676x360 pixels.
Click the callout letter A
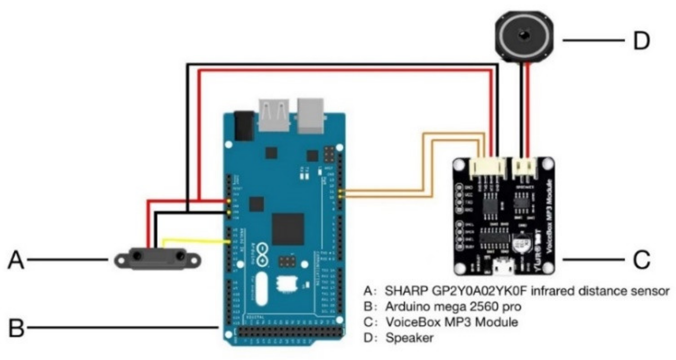pyautogui.click(x=16, y=260)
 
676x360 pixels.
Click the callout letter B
pyautogui.click(x=16, y=328)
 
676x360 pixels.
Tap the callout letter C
pyautogui.click(x=641, y=260)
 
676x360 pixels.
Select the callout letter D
pyautogui.click(x=641, y=41)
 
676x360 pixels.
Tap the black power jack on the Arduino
pyautogui.click(x=244, y=126)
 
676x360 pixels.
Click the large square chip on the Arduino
pyautogui.click(x=288, y=229)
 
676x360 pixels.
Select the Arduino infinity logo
pyautogui.click(x=263, y=256)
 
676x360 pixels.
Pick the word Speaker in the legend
pyautogui.click(x=409, y=338)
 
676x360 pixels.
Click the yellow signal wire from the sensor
pyautogui.click(x=196, y=240)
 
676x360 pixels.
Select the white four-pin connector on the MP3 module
pyautogui.click(x=487, y=168)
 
